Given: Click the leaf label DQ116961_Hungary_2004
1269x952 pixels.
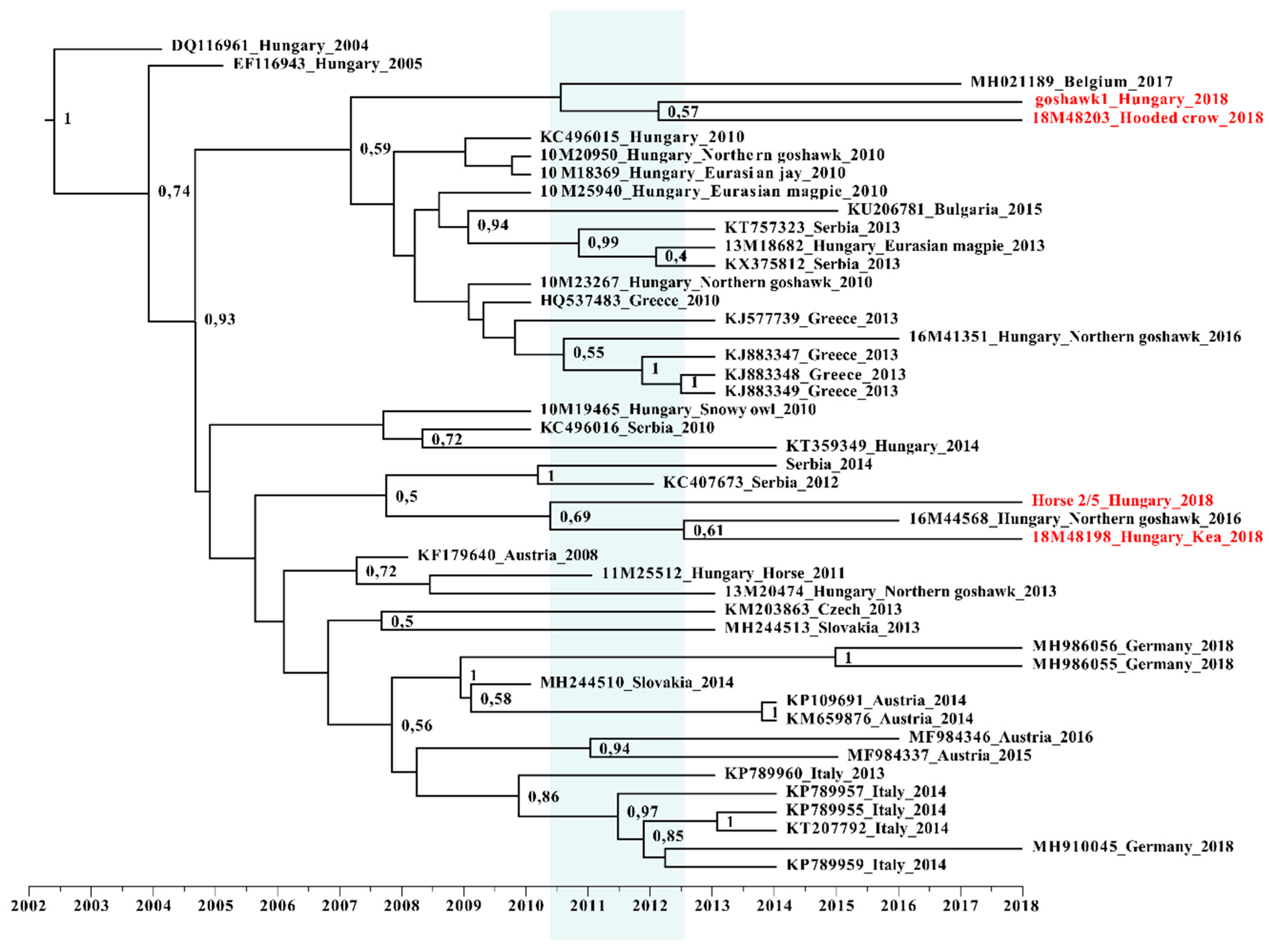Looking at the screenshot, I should point(270,45).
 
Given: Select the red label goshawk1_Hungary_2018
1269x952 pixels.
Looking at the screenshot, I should point(1131,99).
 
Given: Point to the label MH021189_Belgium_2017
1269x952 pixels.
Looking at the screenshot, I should point(1071,81).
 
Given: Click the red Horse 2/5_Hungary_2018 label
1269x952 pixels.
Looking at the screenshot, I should point(1122,500).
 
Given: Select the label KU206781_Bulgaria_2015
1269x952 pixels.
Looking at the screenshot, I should point(944,209).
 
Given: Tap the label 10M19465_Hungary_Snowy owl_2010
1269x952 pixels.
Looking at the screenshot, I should point(677,410).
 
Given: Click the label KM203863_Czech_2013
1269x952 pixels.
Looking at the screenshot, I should point(813,609).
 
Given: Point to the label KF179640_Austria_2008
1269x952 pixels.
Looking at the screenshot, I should point(507,555).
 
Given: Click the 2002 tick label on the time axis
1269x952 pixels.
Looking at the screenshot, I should point(29,906).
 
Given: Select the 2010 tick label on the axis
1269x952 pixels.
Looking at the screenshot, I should point(525,906).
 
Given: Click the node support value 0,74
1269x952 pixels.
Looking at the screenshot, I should point(174,191).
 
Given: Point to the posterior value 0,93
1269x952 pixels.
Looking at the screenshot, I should point(220,319).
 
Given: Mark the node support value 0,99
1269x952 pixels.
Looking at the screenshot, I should point(603,242).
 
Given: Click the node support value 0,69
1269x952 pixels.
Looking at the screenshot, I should point(575,517).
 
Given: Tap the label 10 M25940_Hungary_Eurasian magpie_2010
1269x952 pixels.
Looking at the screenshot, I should point(713,191).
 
